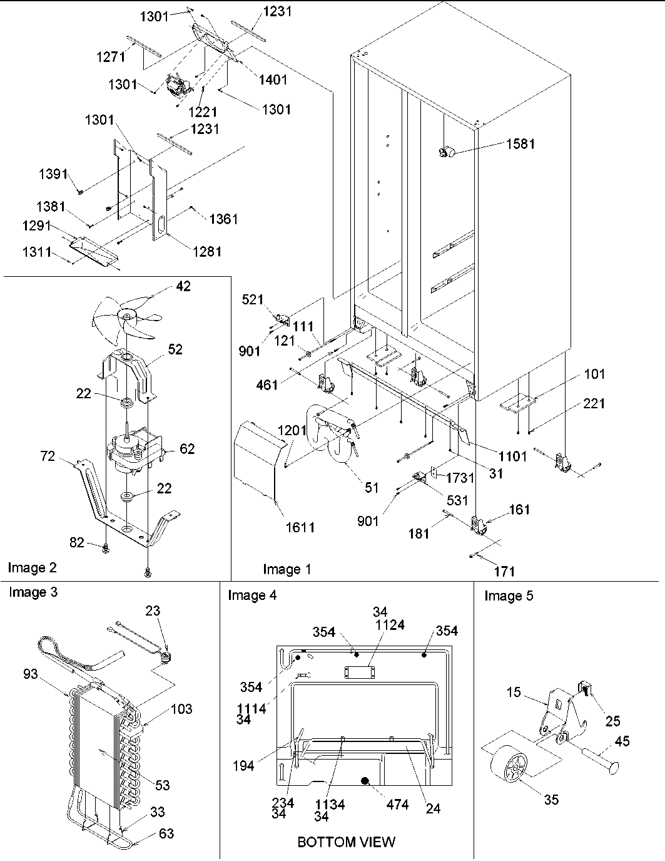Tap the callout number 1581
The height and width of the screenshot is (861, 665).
tap(520, 143)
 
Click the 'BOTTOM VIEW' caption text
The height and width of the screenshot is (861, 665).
tap(346, 842)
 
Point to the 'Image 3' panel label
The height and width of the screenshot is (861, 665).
tap(33, 592)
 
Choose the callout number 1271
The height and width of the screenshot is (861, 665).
tap(111, 56)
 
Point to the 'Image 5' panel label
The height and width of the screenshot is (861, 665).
tap(509, 595)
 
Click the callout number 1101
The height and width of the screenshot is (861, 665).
tap(512, 456)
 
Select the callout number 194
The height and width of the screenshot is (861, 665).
tap(243, 765)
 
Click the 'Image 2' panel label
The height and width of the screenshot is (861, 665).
tap(32, 567)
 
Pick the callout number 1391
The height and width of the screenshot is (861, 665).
tap(53, 174)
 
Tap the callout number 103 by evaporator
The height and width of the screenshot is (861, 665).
tap(181, 709)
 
